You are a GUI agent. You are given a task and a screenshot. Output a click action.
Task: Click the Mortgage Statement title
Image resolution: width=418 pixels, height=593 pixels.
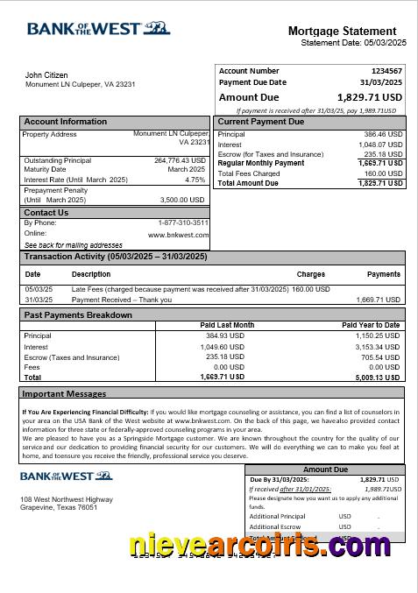(x=347, y=31)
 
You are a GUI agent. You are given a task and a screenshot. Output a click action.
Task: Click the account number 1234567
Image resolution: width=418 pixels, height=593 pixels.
(x=386, y=71)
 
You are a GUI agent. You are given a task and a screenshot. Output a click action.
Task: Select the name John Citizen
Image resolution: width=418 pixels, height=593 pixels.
(x=46, y=75)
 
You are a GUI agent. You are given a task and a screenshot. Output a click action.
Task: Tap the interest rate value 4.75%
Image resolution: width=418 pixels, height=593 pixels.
(x=195, y=180)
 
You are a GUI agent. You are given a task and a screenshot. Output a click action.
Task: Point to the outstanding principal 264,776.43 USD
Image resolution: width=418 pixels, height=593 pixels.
(x=180, y=160)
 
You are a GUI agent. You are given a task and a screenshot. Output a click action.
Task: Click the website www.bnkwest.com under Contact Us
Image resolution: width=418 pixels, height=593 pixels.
(x=178, y=235)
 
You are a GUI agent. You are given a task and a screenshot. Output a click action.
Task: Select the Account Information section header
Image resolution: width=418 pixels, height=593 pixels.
(x=66, y=122)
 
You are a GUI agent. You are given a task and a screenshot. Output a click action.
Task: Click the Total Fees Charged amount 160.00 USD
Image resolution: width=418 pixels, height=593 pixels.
(x=384, y=173)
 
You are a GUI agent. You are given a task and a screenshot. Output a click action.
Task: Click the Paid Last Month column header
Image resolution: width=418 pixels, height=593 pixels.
(x=227, y=325)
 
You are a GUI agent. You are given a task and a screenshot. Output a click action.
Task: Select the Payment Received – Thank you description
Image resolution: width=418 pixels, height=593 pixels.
(x=122, y=300)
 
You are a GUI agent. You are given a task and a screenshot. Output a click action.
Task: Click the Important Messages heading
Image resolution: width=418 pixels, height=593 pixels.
(x=64, y=394)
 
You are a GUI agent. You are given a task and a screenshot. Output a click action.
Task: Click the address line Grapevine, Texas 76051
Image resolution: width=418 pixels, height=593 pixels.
(x=59, y=507)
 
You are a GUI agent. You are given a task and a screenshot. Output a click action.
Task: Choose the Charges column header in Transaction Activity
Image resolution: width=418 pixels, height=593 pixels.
(x=310, y=274)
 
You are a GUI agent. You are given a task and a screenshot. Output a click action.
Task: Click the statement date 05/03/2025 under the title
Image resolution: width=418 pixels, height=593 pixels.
(x=379, y=43)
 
